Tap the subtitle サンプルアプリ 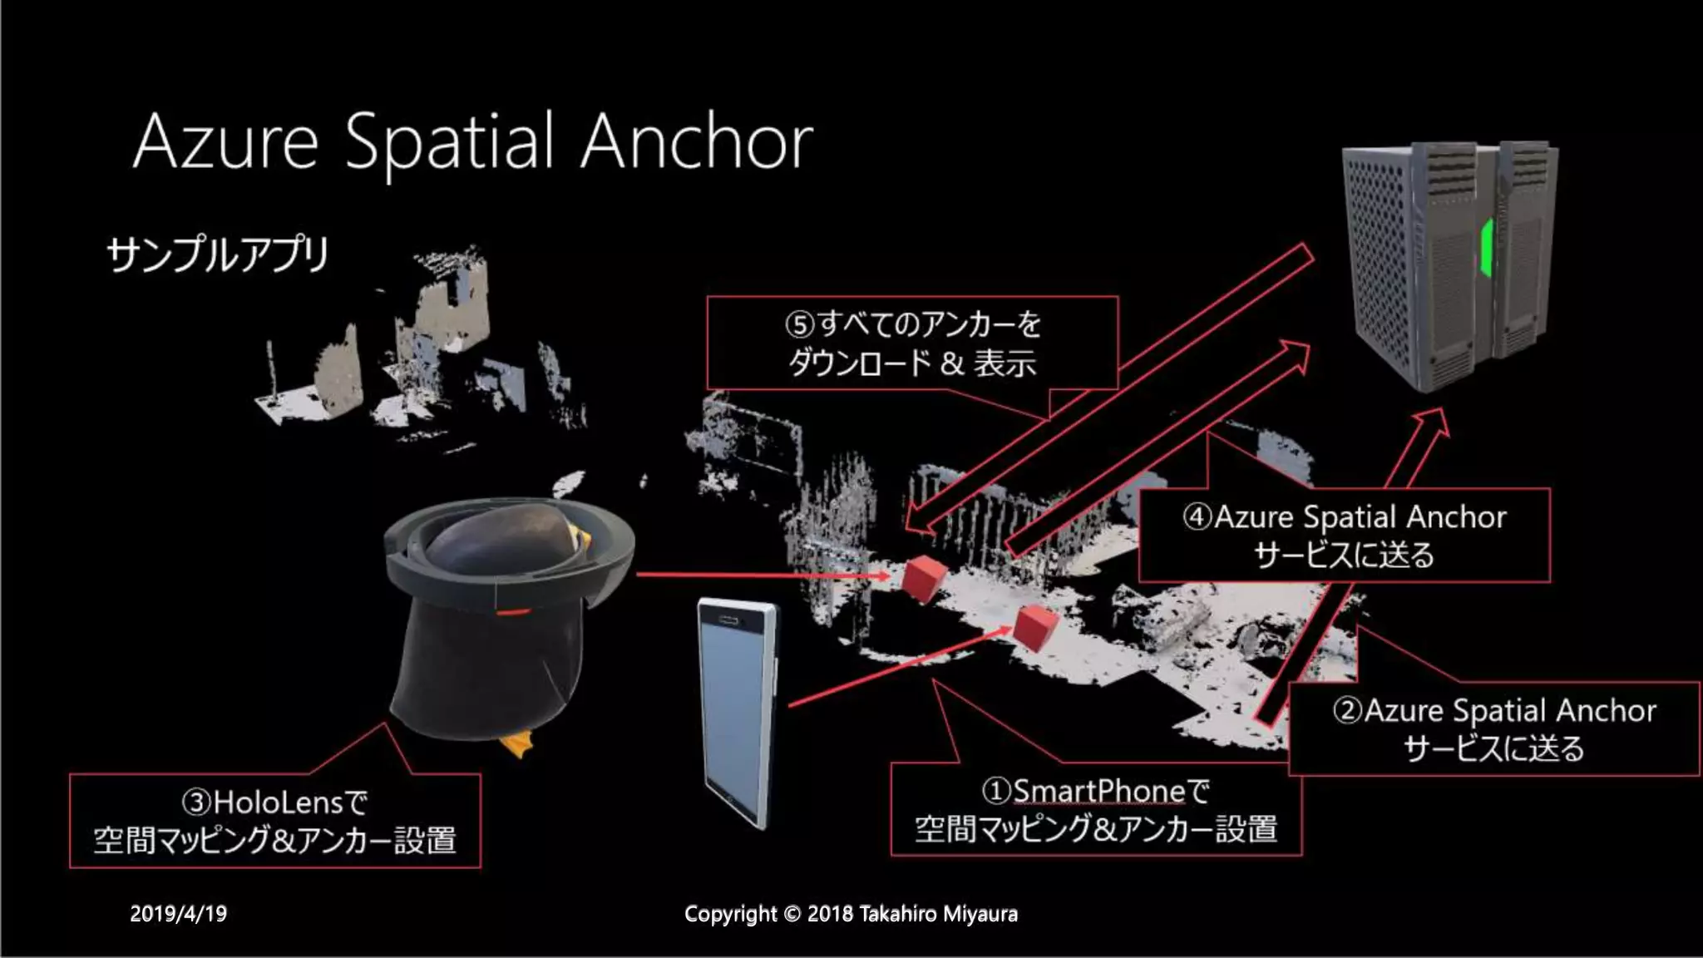click(218, 254)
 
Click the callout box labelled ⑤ click(912, 343)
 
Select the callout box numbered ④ click(1344, 535)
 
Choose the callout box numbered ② click(1493, 728)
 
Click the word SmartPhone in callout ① click(1098, 791)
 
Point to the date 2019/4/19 click(178, 914)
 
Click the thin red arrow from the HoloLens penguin click(757, 574)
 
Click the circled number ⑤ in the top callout click(799, 324)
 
